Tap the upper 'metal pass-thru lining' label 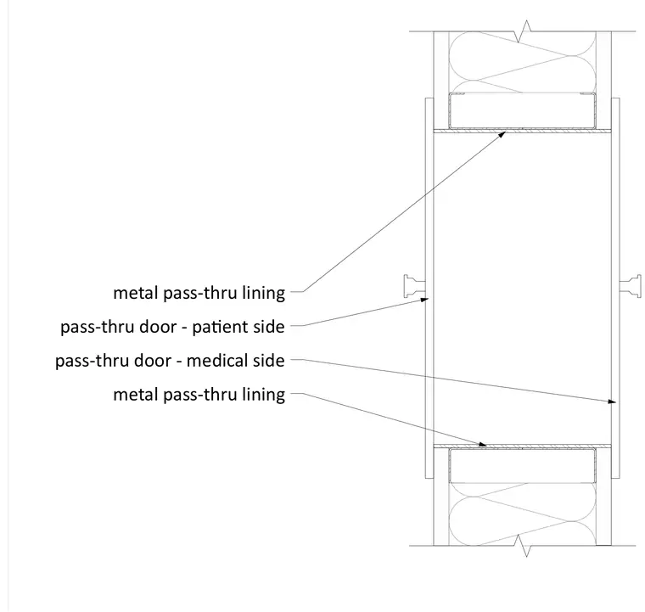coord(199,293)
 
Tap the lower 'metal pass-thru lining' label coord(199,395)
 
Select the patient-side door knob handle coord(414,286)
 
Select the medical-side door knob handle coord(631,286)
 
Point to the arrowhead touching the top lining coord(502,133)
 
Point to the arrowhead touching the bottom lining coord(482,444)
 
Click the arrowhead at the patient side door coord(423,300)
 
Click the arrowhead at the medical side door coord(611,401)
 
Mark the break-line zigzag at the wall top coord(523,31)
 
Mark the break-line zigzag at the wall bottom coord(523,546)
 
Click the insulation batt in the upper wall coord(523,62)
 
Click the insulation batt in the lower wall coord(523,514)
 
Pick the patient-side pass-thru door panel coord(429,288)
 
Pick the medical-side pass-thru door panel coord(615,288)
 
